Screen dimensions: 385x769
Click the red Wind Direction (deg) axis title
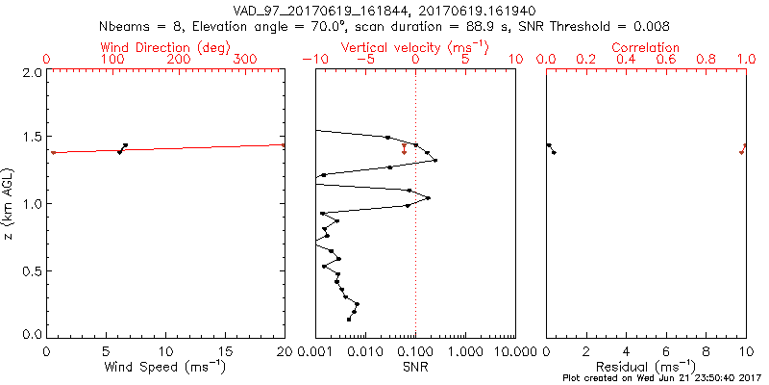[x=168, y=47]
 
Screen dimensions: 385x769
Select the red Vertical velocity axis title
[x=414, y=47]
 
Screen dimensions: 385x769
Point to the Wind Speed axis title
[x=166, y=367]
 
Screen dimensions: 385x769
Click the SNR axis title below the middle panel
[x=415, y=367]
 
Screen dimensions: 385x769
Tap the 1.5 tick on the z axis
[x=33, y=137]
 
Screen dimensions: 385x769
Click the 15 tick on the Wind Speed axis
[x=226, y=350]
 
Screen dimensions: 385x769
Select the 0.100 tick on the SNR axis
[x=415, y=350]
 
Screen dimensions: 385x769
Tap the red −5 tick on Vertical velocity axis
[x=365, y=60]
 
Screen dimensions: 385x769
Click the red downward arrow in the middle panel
[x=404, y=149]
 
